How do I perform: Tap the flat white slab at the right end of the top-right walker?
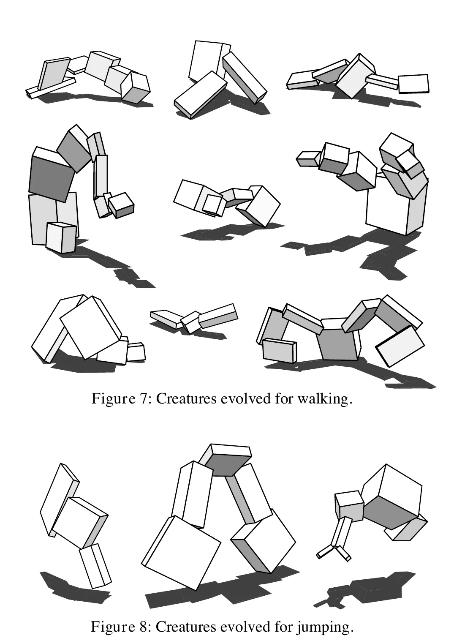[413, 84]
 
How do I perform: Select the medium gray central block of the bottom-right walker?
[338, 344]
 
